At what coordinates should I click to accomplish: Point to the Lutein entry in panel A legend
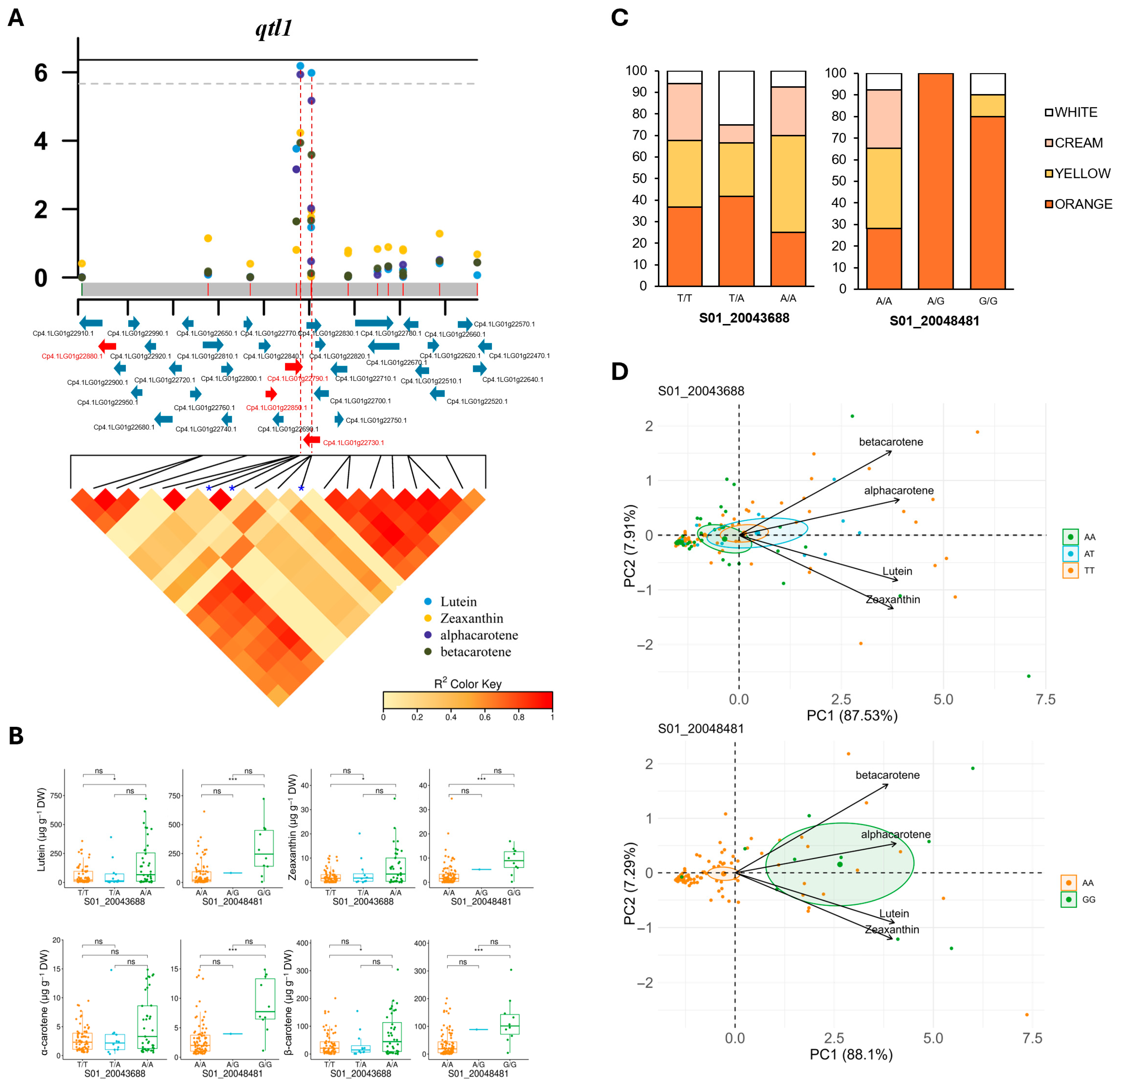458,601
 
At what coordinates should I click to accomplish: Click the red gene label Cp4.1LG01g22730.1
354,443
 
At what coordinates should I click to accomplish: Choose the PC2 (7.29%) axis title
629,883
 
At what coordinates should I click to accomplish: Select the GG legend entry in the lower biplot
1088,900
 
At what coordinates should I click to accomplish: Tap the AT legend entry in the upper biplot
1089,554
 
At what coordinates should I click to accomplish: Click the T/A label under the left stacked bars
736,298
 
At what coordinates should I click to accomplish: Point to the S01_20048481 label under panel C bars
935,321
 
